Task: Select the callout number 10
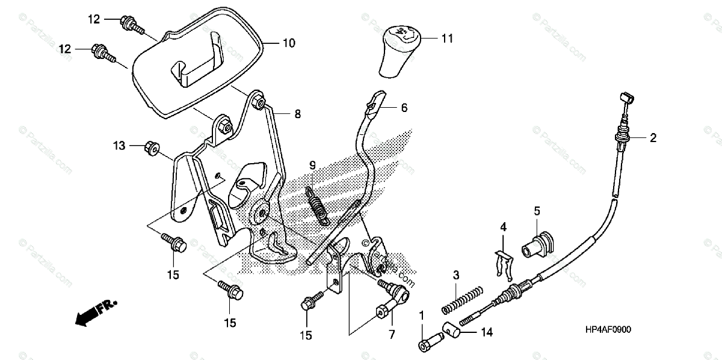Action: click(x=288, y=43)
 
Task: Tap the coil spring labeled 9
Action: click(x=318, y=205)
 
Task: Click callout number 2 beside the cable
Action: click(x=652, y=138)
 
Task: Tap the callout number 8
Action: click(x=298, y=113)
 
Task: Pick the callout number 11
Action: click(x=446, y=39)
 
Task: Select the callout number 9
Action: click(x=313, y=165)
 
